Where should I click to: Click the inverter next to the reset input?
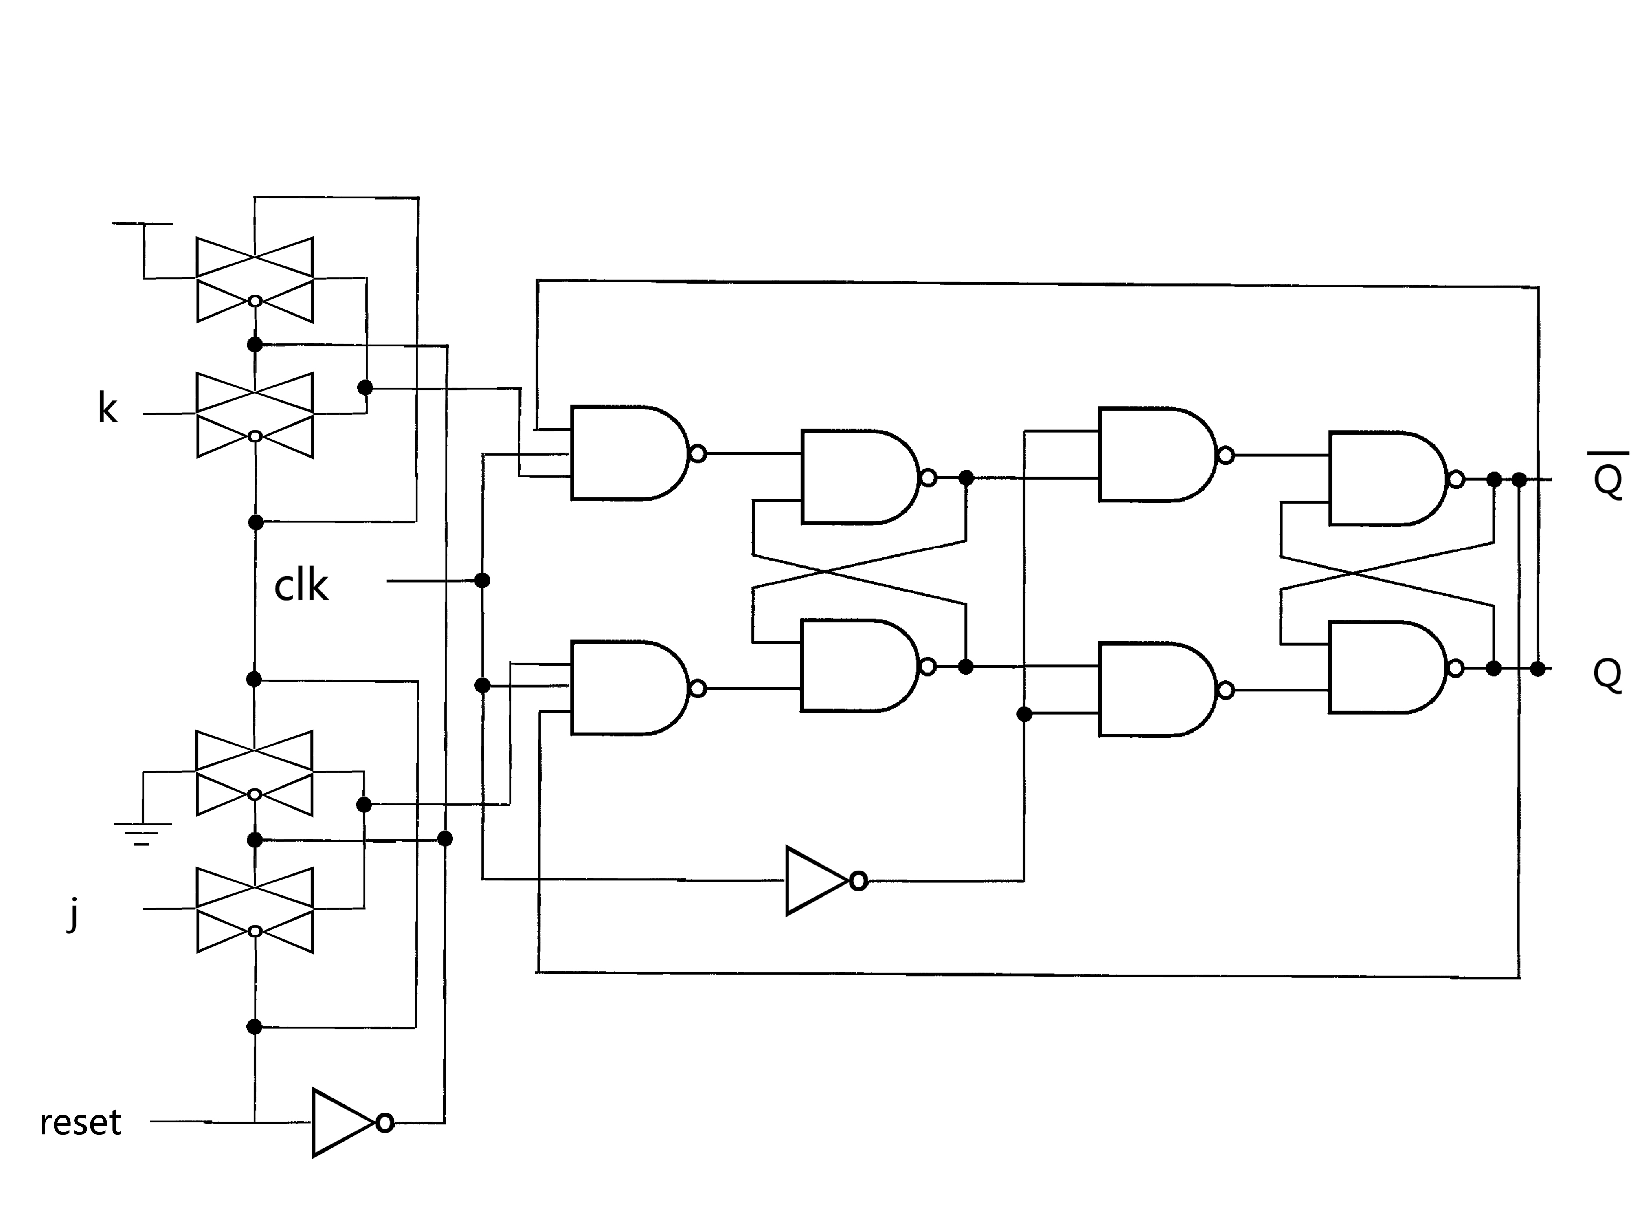point(345,1122)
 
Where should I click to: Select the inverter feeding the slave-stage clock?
point(820,881)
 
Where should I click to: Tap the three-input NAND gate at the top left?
point(627,453)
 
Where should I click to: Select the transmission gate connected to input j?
point(255,910)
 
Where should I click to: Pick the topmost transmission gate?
point(255,280)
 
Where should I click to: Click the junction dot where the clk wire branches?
point(482,580)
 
